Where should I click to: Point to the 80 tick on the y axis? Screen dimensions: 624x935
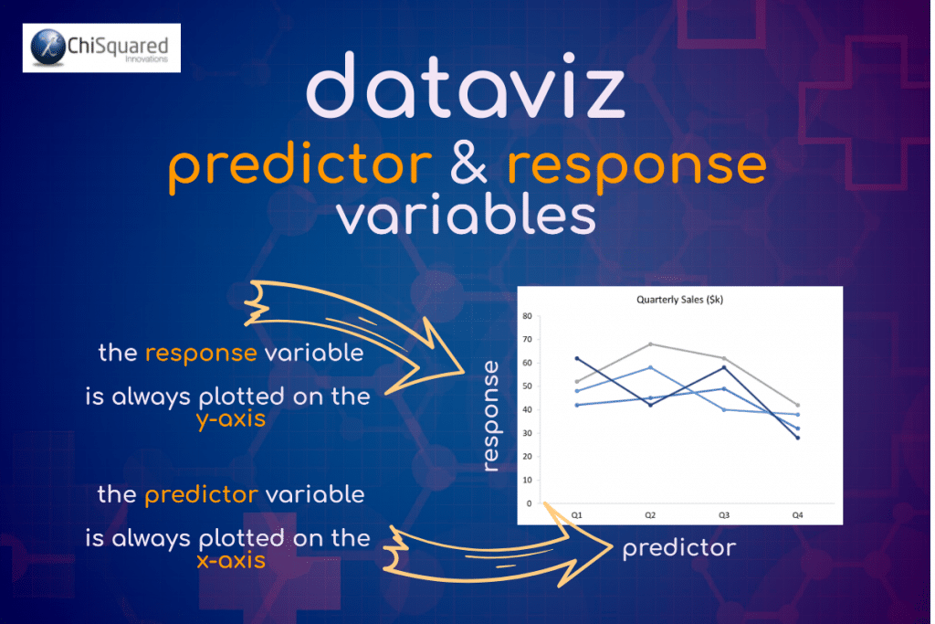(527, 316)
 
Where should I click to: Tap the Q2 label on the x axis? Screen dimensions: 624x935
(649, 515)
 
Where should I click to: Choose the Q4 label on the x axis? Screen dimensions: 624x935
(797, 515)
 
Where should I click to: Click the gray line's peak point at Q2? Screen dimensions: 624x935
(650, 344)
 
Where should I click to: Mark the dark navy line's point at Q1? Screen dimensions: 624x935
(576, 358)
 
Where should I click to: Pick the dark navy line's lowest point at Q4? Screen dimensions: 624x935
(797, 438)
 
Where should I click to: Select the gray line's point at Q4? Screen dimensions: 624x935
(797, 405)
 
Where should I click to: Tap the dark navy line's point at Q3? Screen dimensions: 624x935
(724, 367)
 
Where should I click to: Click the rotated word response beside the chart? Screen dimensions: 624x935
(491, 416)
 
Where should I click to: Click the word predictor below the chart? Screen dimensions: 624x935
(678, 548)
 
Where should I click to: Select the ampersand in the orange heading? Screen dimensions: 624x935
(469, 165)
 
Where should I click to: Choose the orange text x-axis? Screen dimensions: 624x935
(231, 560)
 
